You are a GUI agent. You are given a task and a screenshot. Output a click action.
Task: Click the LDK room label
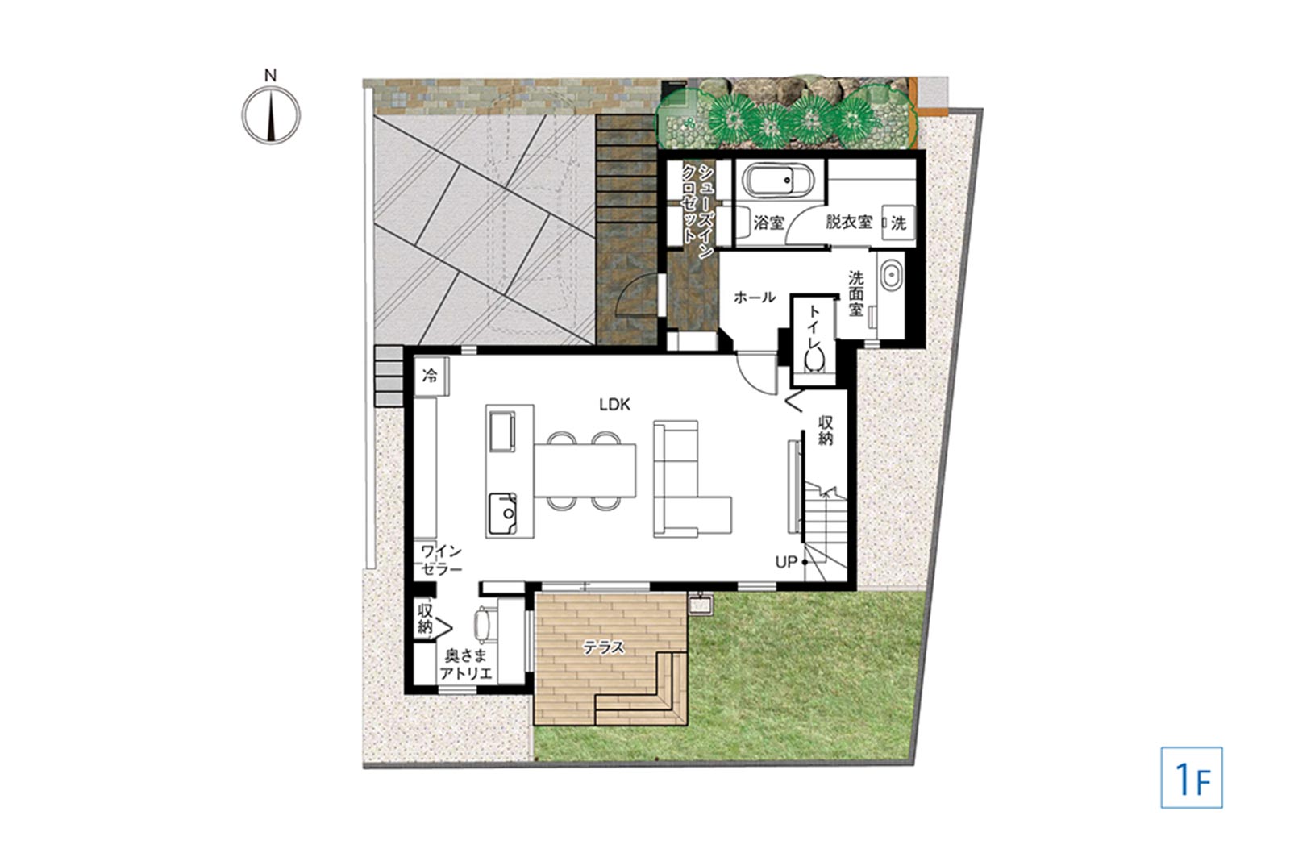pos(614,404)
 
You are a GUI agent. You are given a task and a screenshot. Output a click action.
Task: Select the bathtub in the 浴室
pos(777,181)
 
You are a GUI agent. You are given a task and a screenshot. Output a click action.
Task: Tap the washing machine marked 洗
pos(897,223)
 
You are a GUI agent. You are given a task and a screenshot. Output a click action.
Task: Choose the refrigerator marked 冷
pos(431,377)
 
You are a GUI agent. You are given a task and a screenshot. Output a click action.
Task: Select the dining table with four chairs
pos(585,470)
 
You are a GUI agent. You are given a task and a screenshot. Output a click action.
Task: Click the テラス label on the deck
pos(604,648)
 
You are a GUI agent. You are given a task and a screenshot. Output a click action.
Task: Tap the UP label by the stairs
pos(785,562)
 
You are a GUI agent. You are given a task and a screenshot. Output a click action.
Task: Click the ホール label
pos(755,298)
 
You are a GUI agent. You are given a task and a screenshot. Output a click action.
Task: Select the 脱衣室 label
pos(849,222)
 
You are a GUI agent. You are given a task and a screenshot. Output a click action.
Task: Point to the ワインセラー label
pos(442,560)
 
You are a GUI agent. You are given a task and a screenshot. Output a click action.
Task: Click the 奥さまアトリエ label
pos(466,664)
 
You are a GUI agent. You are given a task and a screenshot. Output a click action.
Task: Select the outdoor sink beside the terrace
pos(701,604)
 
